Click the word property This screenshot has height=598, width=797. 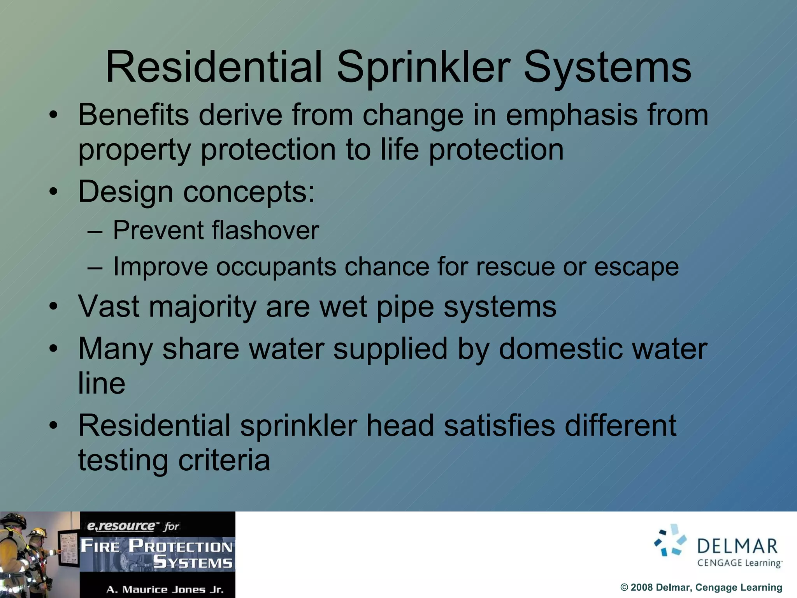(134, 151)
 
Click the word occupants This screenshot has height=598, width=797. (276, 267)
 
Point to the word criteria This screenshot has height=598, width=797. (224, 460)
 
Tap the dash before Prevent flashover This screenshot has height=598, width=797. (95, 231)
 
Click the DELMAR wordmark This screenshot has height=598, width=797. (737, 546)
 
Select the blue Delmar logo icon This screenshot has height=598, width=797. (670, 540)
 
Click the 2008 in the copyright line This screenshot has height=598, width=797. (641, 587)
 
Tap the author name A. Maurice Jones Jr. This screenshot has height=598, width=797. (165, 589)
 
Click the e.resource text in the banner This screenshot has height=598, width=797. (121, 526)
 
